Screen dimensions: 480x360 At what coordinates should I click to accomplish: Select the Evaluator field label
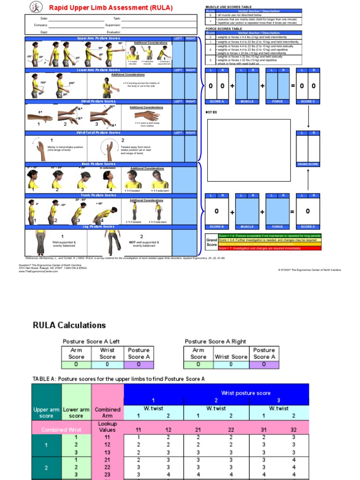(x=113, y=32)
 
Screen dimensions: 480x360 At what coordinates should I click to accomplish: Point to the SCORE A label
(x=217, y=101)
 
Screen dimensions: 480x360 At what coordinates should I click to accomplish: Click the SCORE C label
(x=308, y=101)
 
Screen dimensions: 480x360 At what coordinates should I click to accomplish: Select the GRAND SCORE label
(x=308, y=164)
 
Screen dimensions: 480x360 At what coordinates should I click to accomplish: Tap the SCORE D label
(x=308, y=226)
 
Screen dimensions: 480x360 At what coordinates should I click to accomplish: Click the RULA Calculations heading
(x=69, y=325)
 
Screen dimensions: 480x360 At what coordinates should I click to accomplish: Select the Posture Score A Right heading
(x=215, y=341)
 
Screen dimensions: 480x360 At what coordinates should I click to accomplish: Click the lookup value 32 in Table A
(x=294, y=429)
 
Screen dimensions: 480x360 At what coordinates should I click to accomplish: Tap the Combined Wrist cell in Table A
(x=61, y=429)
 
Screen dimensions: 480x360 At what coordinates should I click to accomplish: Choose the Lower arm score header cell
(x=76, y=412)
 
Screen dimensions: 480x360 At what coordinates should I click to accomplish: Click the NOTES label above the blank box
(x=212, y=112)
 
